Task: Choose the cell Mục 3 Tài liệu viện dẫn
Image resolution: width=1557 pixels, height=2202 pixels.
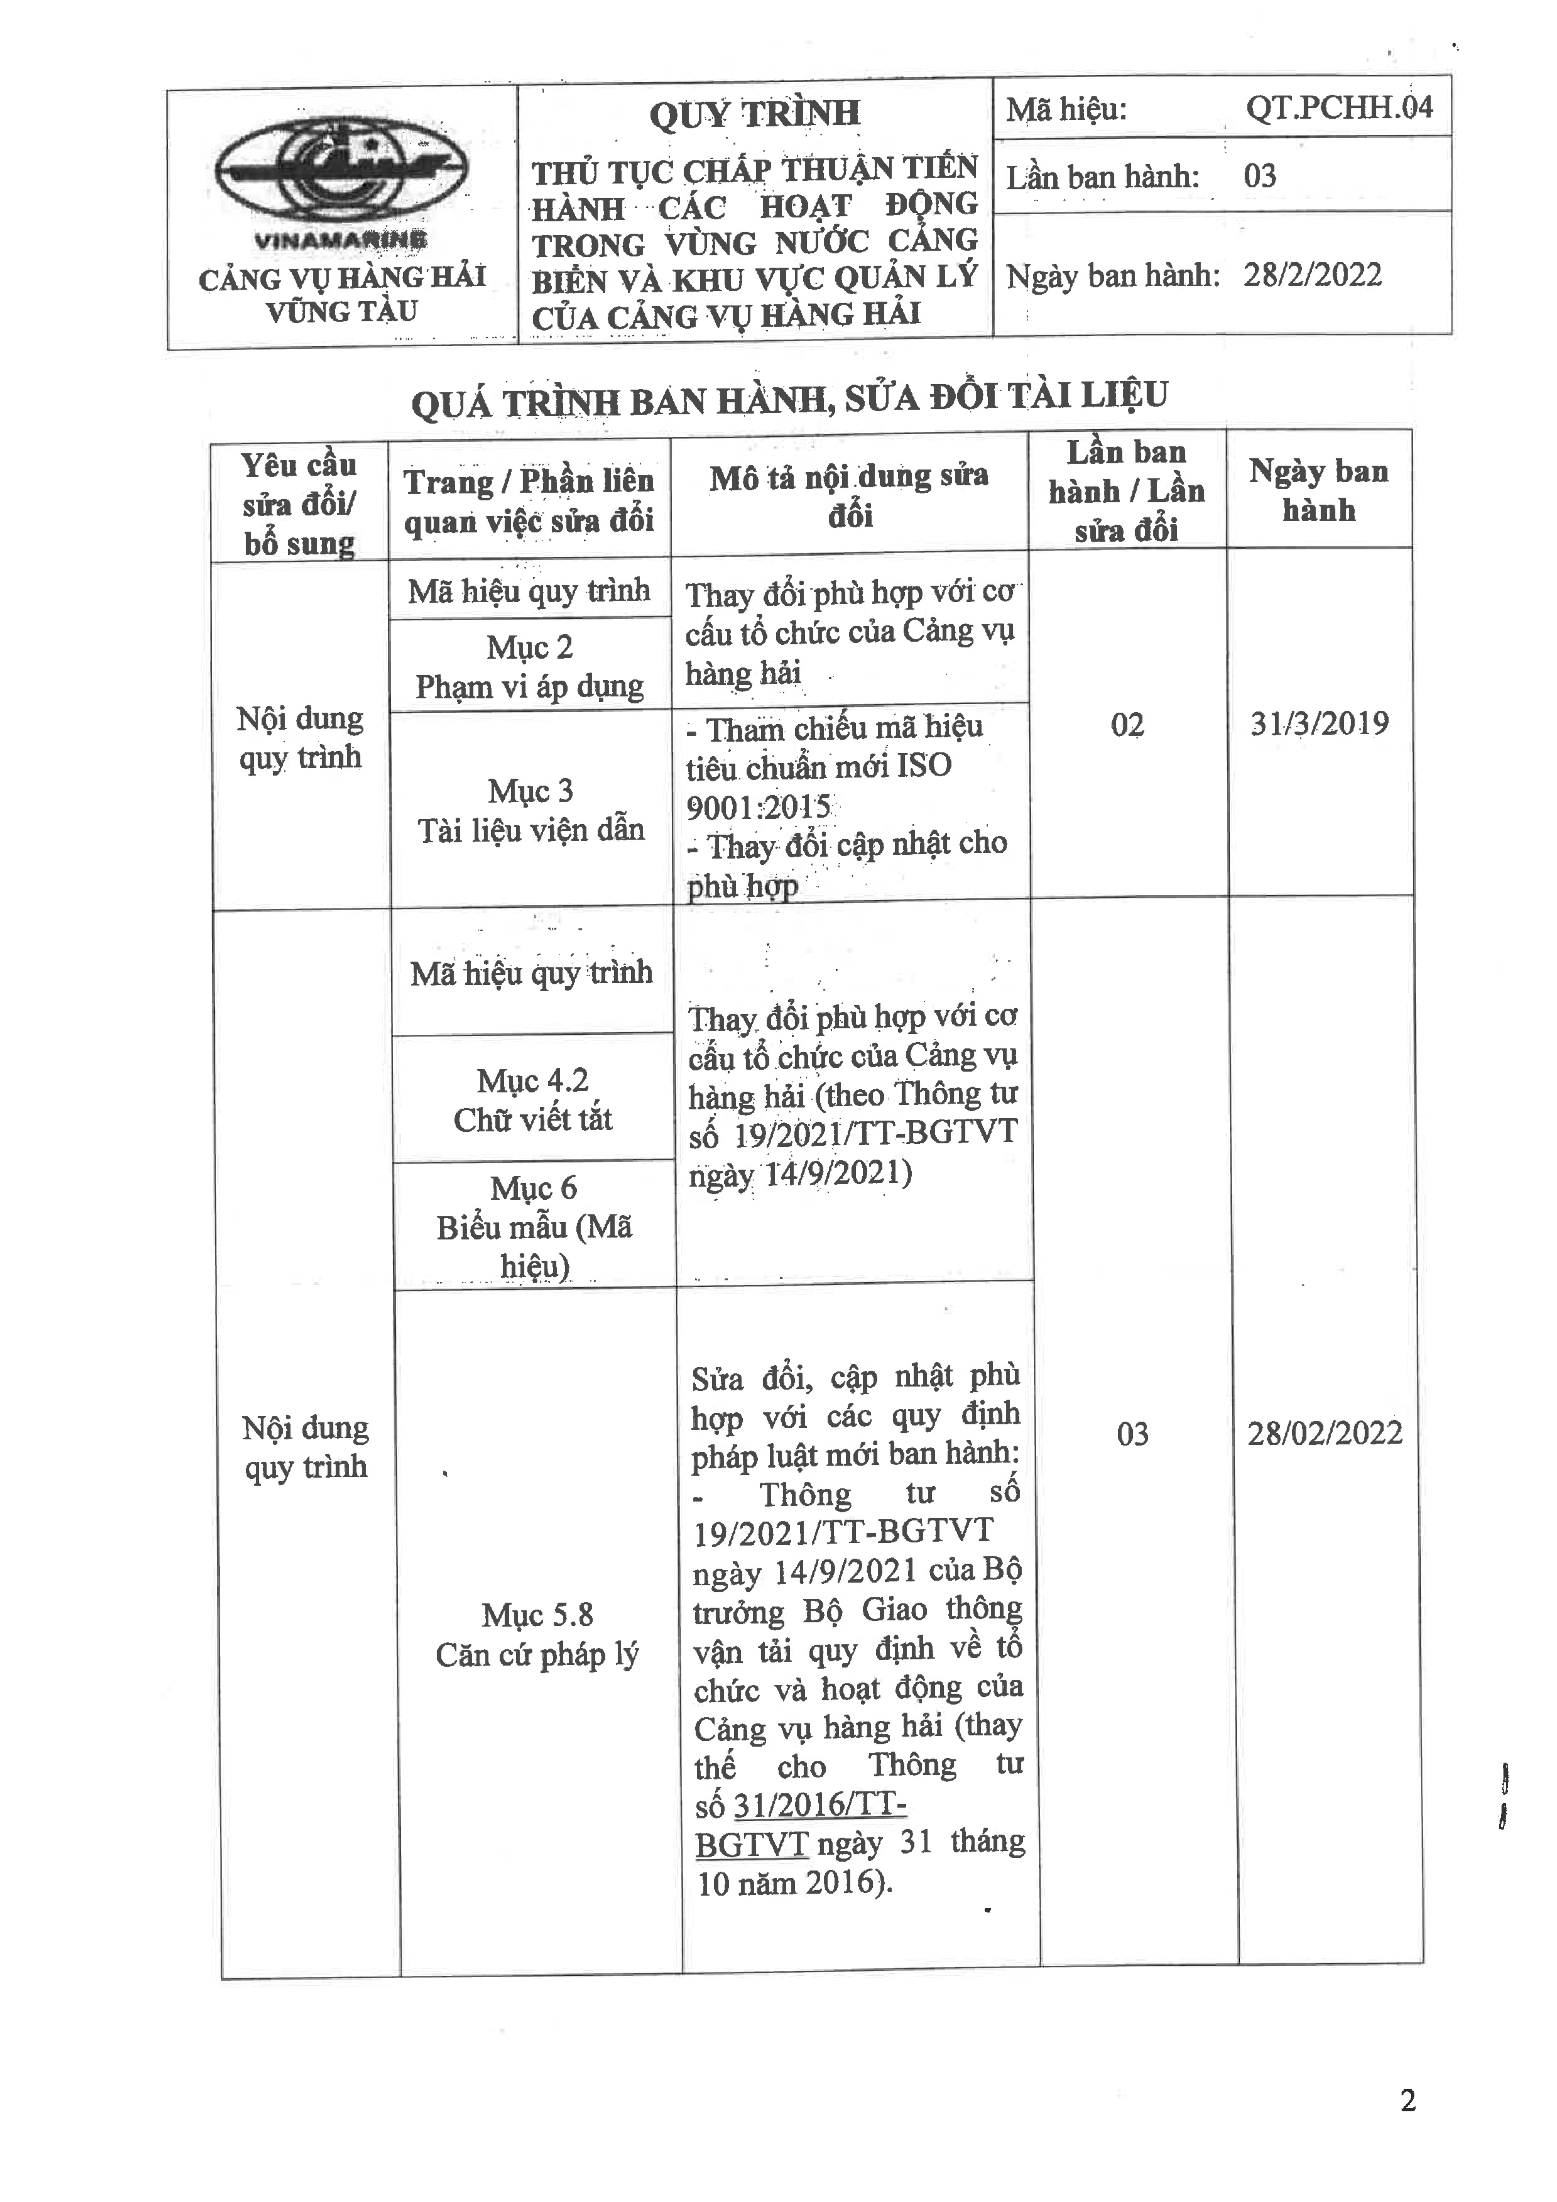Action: tap(530, 810)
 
